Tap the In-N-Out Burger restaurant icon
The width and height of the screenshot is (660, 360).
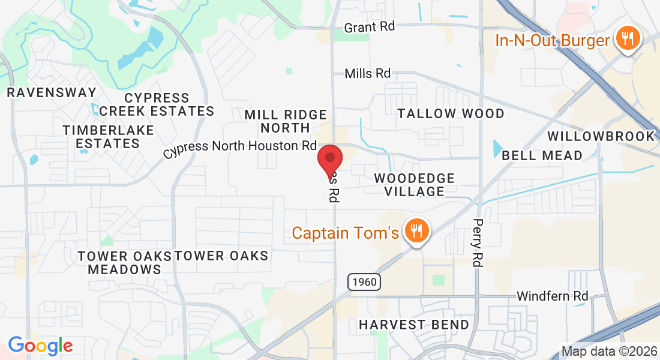coord(627,39)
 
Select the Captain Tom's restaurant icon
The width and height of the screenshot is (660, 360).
coord(415,230)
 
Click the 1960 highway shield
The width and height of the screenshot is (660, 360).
coord(363,281)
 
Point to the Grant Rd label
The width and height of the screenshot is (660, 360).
coord(368,28)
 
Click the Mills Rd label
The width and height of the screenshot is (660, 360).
coord(367,74)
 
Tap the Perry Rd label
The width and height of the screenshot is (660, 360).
coord(478,242)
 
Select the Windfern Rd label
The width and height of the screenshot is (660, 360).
coord(552,296)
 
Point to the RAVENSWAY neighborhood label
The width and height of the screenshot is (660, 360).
coord(51,92)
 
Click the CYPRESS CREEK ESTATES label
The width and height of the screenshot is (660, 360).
coord(157,104)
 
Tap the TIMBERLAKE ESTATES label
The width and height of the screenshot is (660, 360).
coord(108,137)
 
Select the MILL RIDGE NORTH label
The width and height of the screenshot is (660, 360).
coord(286,121)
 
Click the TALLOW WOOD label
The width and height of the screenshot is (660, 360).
coord(451,113)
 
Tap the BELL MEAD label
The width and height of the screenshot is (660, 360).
coord(542,155)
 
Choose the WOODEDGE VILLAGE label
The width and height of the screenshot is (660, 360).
coord(414,185)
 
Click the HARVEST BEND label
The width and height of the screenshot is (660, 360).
coord(414,325)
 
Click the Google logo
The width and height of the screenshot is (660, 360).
coord(40,346)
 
